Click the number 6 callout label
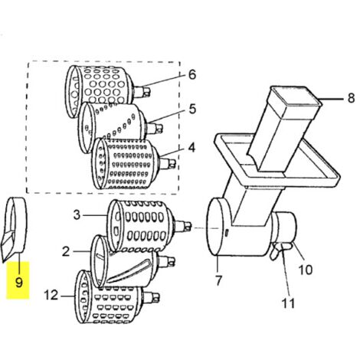pos(192,74)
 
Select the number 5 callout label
pos(192,109)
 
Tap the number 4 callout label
pos(191,148)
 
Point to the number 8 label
pos(352,97)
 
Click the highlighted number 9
pos(18,283)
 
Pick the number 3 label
pos(77,215)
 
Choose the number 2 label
pos(66,252)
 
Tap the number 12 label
pos(51,295)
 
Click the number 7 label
pos(218,280)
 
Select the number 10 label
pos(306,270)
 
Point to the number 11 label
pos(288,303)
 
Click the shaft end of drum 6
pos(142,92)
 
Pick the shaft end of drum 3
pos(182,226)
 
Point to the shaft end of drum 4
pos(168,163)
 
